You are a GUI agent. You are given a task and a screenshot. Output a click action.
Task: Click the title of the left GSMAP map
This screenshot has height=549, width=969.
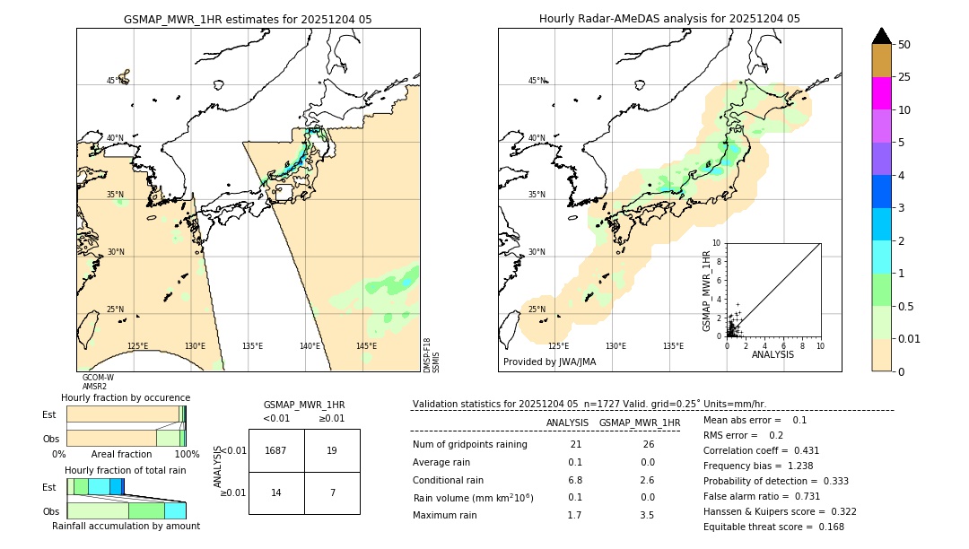(248, 19)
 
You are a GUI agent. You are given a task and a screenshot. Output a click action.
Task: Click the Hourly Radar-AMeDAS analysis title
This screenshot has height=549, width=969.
(669, 19)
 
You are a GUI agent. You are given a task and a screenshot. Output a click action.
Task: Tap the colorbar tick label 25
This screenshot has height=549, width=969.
(904, 77)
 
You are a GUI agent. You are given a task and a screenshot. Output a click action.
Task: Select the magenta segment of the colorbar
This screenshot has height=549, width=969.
(881, 93)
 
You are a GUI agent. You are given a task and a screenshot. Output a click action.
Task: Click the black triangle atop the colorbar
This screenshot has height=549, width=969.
(881, 36)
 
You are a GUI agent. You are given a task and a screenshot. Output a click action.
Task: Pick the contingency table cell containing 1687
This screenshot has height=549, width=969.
(276, 450)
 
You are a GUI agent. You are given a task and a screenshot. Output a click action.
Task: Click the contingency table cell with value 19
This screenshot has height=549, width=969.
(332, 450)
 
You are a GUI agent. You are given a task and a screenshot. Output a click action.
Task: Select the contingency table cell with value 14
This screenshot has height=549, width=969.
(276, 492)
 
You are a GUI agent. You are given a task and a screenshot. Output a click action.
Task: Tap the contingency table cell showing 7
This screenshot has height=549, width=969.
(332, 492)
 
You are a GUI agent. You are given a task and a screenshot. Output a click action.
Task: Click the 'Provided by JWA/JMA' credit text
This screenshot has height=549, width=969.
(549, 362)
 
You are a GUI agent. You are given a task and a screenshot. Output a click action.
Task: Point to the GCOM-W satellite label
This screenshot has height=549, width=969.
(98, 378)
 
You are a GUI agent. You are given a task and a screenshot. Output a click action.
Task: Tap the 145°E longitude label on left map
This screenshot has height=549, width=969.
(366, 346)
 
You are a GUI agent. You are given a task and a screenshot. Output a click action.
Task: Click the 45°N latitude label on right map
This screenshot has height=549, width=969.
(537, 81)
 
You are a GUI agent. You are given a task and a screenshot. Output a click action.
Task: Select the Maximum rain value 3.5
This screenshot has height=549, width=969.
(646, 515)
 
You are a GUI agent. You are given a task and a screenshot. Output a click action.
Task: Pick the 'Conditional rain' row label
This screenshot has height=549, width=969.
(450, 480)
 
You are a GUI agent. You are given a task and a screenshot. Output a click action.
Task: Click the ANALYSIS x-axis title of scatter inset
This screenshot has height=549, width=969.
(773, 354)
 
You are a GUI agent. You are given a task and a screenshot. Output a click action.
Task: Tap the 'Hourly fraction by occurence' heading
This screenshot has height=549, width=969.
(126, 397)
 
